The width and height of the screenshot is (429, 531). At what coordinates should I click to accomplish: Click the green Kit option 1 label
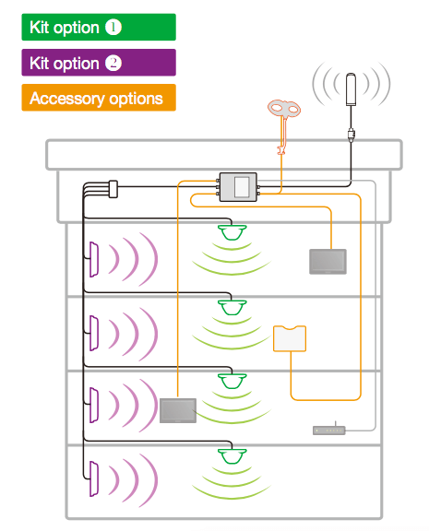tap(99, 27)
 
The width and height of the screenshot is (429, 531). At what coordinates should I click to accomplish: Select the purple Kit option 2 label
tap(99, 63)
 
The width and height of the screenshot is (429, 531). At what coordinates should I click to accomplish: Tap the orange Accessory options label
tap(99, 98)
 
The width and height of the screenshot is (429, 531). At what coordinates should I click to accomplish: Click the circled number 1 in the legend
tap(113, 28)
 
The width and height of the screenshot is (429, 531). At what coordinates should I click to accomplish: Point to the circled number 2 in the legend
tap(113, 63)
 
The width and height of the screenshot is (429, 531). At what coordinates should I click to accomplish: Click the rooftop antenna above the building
tap(352, 89)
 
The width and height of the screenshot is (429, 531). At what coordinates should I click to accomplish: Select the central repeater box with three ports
tap(238, 187)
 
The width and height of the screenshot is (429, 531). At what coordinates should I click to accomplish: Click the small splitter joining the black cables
tap(113, 189)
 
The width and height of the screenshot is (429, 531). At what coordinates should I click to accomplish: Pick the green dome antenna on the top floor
tap(232, 232)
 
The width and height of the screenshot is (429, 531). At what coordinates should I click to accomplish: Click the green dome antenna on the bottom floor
tap(232, 456)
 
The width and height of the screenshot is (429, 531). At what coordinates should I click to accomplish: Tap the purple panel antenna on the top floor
tap(94, 259)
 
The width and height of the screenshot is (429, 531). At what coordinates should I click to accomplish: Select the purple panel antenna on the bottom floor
tap(94, 478)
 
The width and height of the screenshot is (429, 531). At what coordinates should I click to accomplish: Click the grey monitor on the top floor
tap(328, 262)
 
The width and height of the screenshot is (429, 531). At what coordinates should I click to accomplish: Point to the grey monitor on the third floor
tap(178, 410)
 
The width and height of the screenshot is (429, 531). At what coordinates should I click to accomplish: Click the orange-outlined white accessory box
tap(290, 338)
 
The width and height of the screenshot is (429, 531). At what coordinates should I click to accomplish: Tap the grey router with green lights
tap(329, 431)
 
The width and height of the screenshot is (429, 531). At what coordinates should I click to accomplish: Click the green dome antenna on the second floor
tap(232, 308)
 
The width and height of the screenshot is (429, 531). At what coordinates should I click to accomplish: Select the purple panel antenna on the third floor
tap(94, 406)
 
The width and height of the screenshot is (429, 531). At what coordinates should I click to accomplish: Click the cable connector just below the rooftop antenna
tap(352, 135)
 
